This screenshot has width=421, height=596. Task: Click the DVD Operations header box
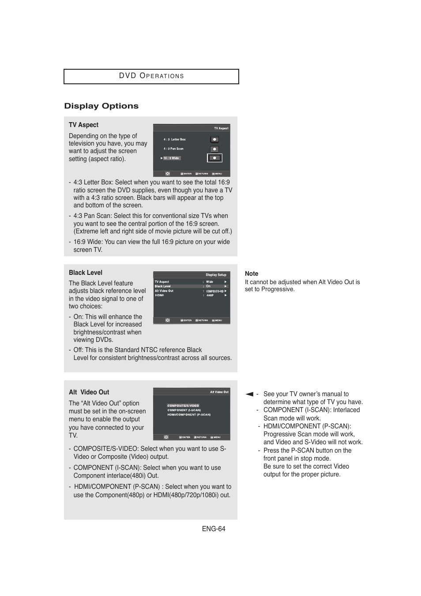point(151,76)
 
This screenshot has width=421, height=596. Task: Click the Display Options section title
point(101,106)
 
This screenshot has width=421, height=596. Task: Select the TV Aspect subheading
point(83,125)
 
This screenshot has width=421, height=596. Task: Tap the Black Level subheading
point(86,273)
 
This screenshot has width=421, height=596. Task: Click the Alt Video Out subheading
point(89,392)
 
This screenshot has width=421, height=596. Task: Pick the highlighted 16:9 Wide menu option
point(172,158)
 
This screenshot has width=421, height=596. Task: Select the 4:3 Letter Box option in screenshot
point(175,139)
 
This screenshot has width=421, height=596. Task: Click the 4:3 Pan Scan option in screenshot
point(174,149)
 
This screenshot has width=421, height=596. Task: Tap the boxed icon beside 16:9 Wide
point(214,158)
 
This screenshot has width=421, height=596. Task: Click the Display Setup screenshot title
point(216,275)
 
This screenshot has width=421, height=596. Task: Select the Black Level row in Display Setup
point(163,286)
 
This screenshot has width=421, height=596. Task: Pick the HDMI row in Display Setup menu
point(159,295)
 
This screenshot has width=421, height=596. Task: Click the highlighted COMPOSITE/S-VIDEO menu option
point(183,405)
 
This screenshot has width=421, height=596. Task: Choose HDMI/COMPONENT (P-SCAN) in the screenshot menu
point(189,415)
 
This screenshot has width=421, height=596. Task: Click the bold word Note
point(252,274)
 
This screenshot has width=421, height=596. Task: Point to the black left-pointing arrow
point(249,394)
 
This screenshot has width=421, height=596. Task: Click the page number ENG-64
point(214,529)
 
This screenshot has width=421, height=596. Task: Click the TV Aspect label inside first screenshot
point(221,128)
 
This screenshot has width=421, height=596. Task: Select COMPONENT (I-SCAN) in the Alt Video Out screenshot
point(184,410)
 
